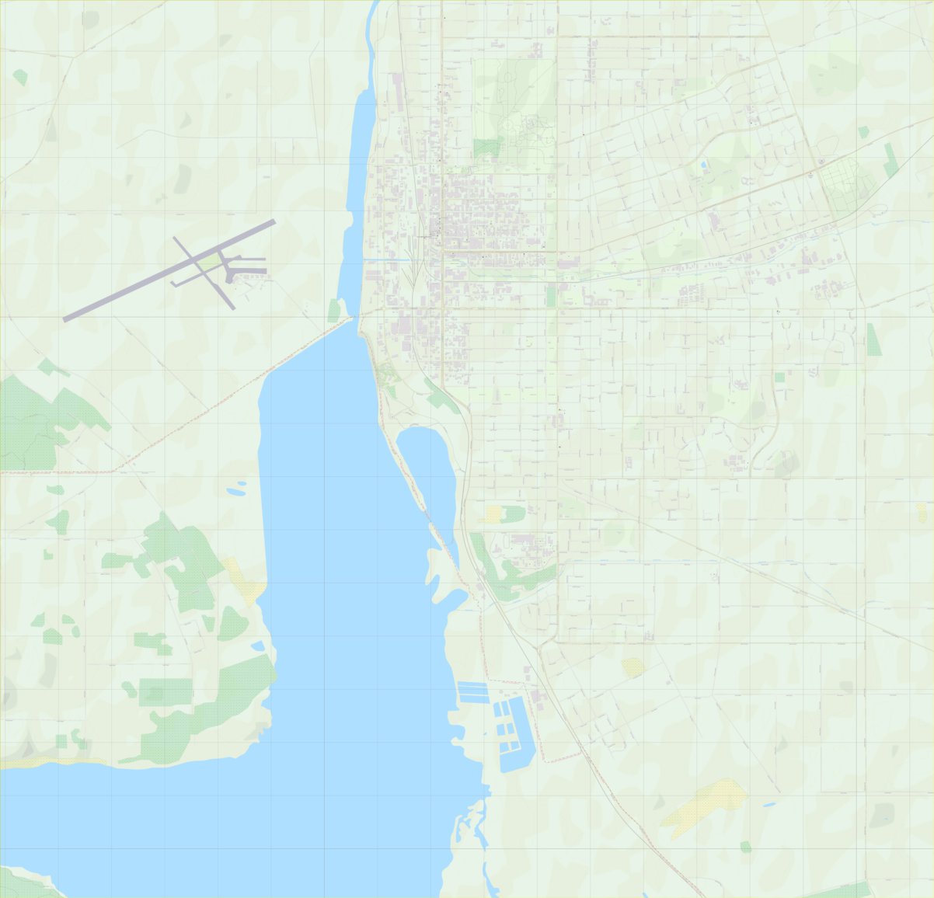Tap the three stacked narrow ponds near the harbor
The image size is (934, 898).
[472, 691]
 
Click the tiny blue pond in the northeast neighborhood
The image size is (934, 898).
[704, 165]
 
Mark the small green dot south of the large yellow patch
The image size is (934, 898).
[746, 847]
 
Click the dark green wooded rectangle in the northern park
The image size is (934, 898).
[487, 147]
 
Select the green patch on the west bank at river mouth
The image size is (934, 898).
[334, 311]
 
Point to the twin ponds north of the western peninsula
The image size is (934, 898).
[235, 489]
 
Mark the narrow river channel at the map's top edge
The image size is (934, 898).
[374, 16]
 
